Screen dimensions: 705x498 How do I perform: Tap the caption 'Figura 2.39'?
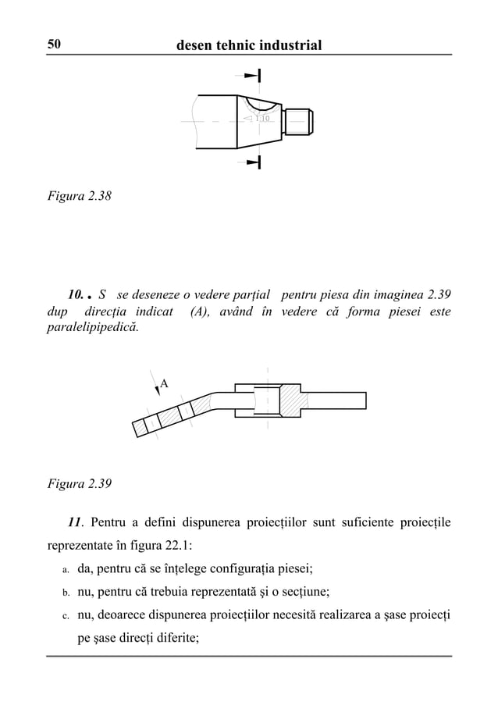[x=78, y=483]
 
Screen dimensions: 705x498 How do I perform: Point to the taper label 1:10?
[x=261, y=119]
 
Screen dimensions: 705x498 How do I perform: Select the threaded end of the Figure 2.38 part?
[x=301, y=120]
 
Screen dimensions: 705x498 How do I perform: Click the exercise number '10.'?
[x=76, y=296]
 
